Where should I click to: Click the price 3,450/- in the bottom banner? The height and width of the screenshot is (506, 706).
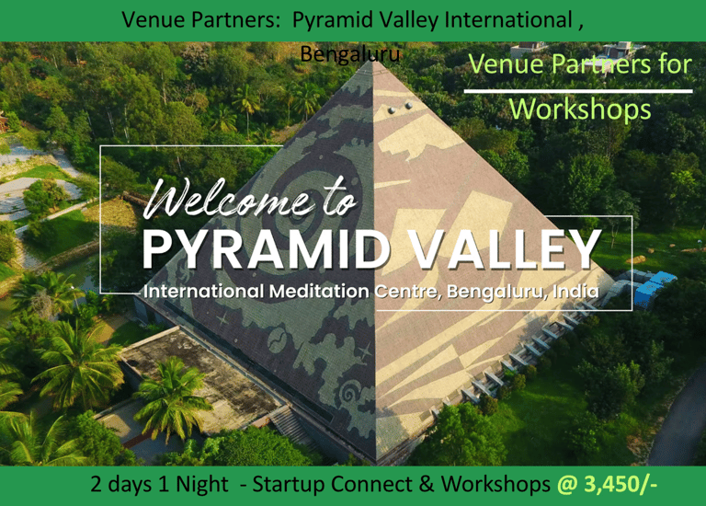click(x=621, y=484)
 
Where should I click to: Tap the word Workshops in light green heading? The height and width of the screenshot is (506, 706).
click(x=580, y=109)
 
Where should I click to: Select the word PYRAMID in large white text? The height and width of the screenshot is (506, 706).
click(x=267, y=249)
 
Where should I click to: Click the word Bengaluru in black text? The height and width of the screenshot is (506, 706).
click(x=350, y=54)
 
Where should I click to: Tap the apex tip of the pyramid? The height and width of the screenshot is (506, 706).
click(x=373, y=61)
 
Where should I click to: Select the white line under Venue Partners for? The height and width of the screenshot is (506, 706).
click(x=578, y=91)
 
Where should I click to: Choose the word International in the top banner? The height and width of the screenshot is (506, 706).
click(x=508, y=20)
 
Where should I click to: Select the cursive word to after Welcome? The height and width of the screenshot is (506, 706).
click(x=340, y=199)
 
